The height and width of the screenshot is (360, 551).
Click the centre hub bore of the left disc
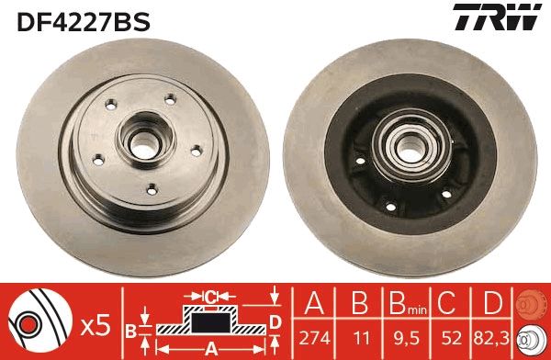(x=142, y=142)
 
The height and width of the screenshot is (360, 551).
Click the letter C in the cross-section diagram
(x=209, y=297)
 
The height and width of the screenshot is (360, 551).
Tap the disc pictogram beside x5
(x=40, y=321)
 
